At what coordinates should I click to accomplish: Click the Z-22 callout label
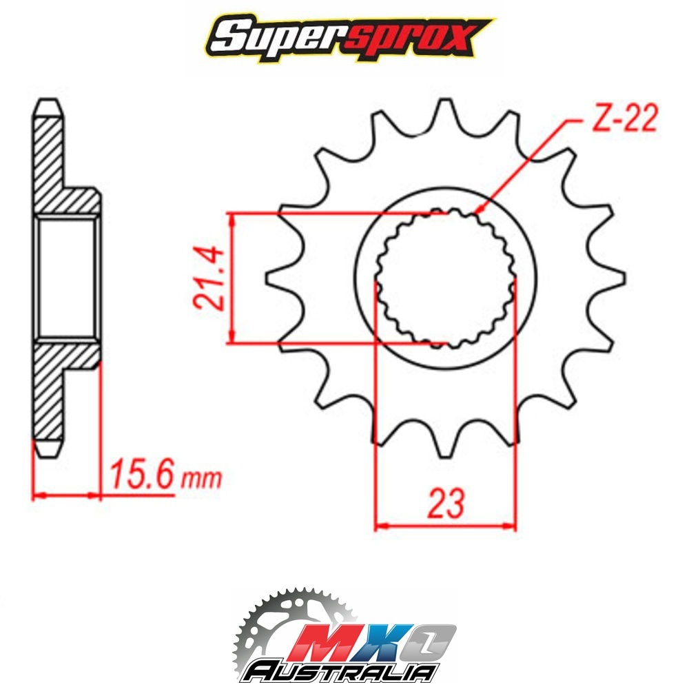click(x=624, y=119)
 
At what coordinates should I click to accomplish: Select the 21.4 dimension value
click(x=208, y=277)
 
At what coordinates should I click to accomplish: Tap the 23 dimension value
click(x=446, y=503)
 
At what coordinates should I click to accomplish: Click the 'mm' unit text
click(x=200, y=479)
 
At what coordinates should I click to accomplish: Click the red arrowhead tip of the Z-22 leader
click(x=480, y=211)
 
